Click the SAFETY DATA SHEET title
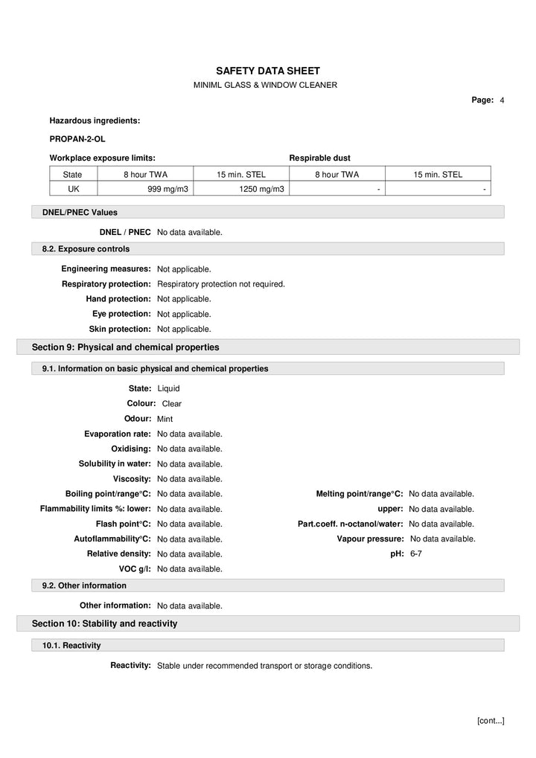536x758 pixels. click(x=267, y=70)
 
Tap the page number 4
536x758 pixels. click(x=502, y=100)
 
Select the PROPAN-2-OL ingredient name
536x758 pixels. click(x=72, y=138)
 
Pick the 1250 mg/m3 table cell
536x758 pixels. click(x=261, y=190)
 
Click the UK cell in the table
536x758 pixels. click(x=73, y=190)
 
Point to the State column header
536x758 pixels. click(x=73, y=175)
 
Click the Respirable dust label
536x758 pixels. click(x=319, y=158)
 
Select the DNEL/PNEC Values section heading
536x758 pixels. click(x=80, y=213)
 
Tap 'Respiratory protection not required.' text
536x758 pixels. click(x=221, y=284)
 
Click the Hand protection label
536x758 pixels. click(x=118, y=299)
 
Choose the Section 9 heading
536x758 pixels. click(x=125, y=347)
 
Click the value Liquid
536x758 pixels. click(x=168, y=388)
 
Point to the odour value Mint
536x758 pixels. click(x=165, y=419)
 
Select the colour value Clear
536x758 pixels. click(x=172, y=404)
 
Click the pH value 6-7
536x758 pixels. click(x=415, y=554)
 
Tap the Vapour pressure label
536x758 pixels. click(x=370, y=539)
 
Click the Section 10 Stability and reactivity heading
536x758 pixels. click(x=104, y=623)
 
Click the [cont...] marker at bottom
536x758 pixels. click(x=490, y=721)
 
